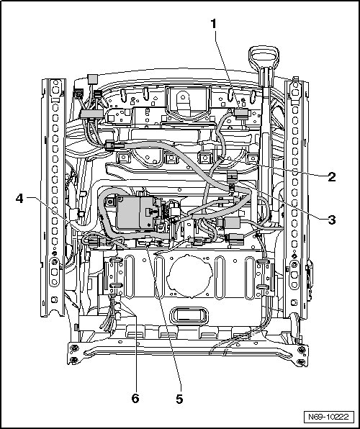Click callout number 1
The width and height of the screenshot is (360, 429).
pyautogui.click(x=214, y=24)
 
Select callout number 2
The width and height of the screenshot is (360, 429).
pyautogui.click(x=331, y=177)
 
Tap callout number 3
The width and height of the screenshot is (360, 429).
pyautogui.click(x=331, y=220)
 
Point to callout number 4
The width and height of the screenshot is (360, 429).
pyautogui.click(x=19, y=199)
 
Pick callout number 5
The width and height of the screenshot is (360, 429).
pyautogui.click(x=179, y=399)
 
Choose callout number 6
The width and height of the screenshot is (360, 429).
pyautogui.click(x=135, y=398)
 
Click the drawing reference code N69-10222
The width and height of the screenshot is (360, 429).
pyautogui.click(x=328, y=417)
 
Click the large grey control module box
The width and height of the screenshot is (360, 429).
pyautogui.click(x=135, y=212)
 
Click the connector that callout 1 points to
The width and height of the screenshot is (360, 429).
pyautogui.click(x=241, y=113)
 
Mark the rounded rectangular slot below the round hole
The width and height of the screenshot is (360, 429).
pyautogui.click(x=189, y=315)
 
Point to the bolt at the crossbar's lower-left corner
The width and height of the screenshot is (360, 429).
pyautogui.click(x=74, y=359)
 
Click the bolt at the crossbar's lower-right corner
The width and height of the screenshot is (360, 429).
pyautogui.click(x=301, y=361)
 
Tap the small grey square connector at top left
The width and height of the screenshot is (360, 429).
pyautogui.click(x=92, y=79)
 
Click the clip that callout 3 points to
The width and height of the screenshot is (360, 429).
pyautogui.click(x=232, y=175)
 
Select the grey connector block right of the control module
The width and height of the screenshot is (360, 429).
pyautogui.click(x=232, y=222)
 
